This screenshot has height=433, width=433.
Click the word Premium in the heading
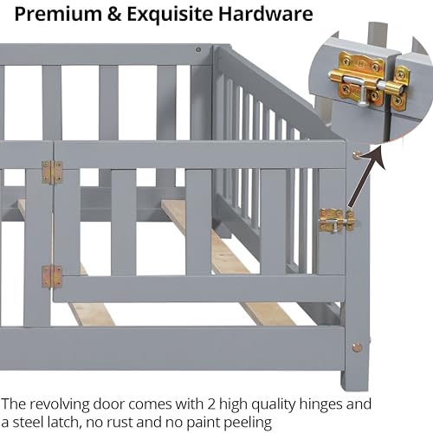[58, 14]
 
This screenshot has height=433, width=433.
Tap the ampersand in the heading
[115, 14]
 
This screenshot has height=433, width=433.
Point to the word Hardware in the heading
[266, 14]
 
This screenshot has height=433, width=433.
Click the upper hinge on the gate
[52, 172]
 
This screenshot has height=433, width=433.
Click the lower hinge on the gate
[52, 276]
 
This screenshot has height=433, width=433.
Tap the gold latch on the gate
[337, 221]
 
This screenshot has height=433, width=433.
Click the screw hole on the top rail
[198, 49]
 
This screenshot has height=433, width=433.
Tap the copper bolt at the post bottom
[357, 346]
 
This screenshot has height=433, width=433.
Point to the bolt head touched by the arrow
[357, 156]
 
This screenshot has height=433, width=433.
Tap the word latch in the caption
[61, 423]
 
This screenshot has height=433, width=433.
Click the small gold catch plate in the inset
[400, 88]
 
